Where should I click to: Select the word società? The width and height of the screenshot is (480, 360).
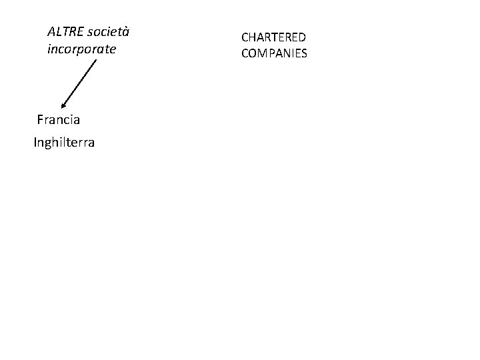click(x=107, y=31)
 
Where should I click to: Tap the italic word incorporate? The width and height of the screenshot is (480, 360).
click(x=81, y=49)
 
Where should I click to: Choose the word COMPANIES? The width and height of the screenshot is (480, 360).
click(x=274, y=53)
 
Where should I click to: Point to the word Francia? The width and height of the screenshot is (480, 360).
click(x=59, y=121)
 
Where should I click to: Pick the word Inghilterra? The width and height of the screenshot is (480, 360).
click(x=64, y=143)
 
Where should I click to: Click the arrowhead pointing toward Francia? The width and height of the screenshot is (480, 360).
click(x=63, y=105)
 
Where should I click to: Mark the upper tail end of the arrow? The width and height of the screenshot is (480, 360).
click(x=97, y=61)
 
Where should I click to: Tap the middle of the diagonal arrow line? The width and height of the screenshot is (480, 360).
click(x=79, y=83)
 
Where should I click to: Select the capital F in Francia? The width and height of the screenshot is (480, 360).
click(x=41, y=121)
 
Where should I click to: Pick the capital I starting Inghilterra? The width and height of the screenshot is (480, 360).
click(x=35, y=143)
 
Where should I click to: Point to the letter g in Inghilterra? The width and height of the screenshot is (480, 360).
click(x=49, y=144)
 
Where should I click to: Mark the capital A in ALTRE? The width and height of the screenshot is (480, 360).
click(x=52, y=31)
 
